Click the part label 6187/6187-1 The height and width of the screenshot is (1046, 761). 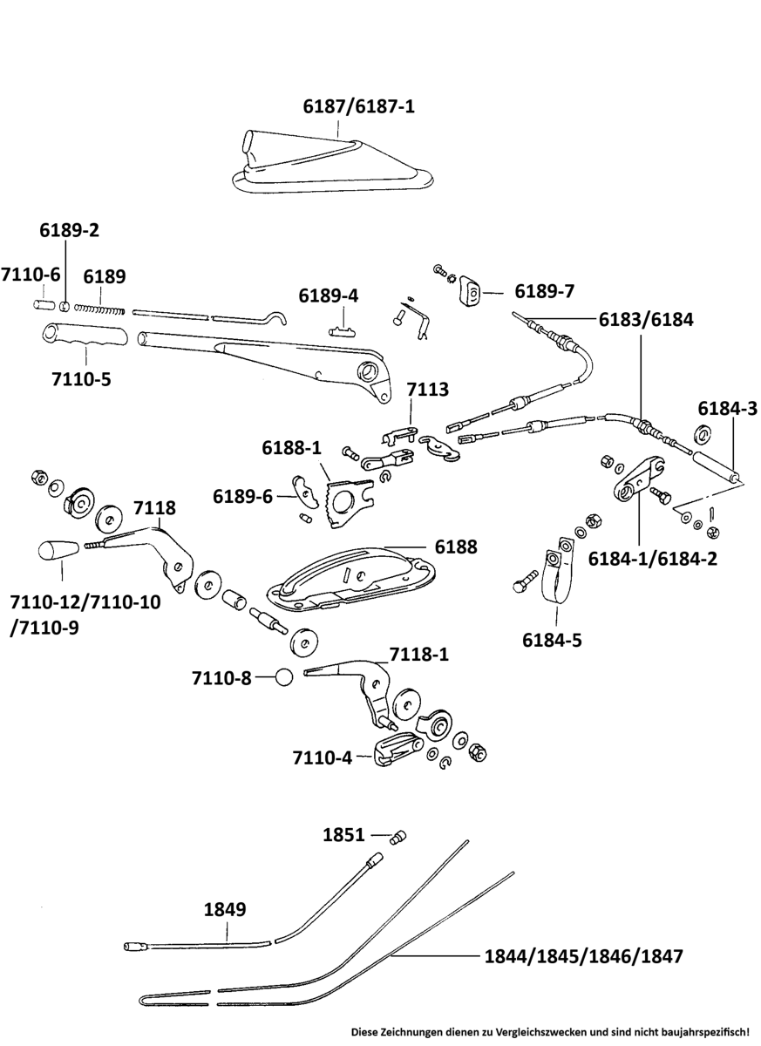pyautogui.click(x=358, y=107)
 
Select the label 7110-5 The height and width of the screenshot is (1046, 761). pyautogui.click(x=81, y=379)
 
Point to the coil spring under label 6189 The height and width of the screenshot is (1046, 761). pyautogui.click(x=101, y=307)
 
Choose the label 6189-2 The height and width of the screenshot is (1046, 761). pyautogui.click(x=70, y=231)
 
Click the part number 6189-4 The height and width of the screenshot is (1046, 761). pyautogui.click(x=328, y=295)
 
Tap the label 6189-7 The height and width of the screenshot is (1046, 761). pyautogui.click(x=544, y=290)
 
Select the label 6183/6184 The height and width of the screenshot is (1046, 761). pyautogui.click(x=645, y=319)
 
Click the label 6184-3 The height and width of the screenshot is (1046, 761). pyautogui.click(x=728, y=407)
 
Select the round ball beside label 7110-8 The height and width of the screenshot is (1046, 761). pyautogui.click(x=284, y=676)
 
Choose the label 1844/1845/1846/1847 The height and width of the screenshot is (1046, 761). pyautogui.click(x=583, y=955)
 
